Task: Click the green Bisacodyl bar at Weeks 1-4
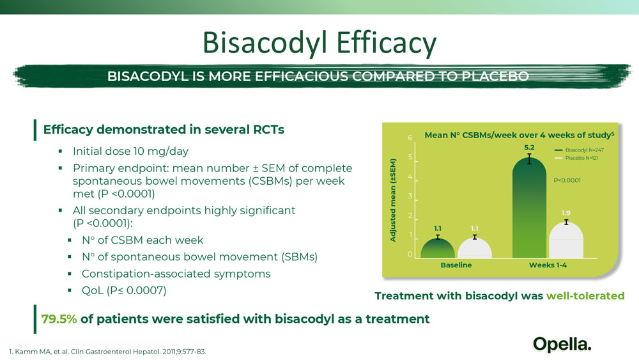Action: pos(529,208)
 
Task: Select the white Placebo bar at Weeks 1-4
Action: pos(566,240)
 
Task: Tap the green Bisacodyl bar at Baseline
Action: pos(438,248)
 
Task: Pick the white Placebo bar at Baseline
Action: pos(475,248)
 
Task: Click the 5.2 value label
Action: pos(529,148)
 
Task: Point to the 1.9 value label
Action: pos(566,213)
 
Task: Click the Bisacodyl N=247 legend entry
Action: pos(579,150)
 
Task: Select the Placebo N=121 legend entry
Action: pos(576,158)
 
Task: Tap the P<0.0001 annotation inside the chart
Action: pos(567,180)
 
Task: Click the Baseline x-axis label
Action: pos(456,265)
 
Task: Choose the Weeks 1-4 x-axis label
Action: pos(548,265)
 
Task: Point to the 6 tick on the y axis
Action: pos(410,138)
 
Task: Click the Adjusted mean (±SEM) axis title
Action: pos(393,200)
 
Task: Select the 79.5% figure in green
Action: pos(59,319)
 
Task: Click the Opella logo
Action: pos(562,344)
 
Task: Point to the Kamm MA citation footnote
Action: pos(107,352)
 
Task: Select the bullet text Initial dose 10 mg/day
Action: pos(130,152)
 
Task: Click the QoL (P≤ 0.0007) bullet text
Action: pos(124,291)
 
